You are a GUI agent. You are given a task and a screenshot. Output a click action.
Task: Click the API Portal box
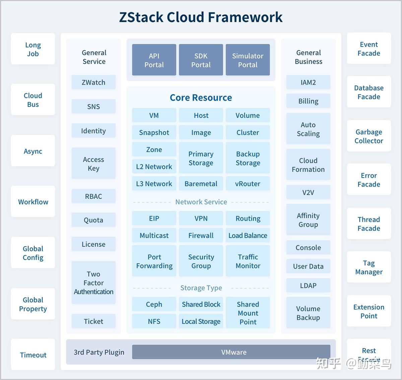click(154, 60)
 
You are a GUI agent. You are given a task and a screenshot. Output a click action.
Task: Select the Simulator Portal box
click(248, 60)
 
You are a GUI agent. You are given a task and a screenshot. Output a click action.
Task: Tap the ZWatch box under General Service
click(93, 82)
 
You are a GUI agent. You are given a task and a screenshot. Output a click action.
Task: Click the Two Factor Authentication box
click(93, 282)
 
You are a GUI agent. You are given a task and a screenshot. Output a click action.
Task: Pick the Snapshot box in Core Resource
click(154, 132)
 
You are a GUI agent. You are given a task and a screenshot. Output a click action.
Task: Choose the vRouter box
click(248, 184)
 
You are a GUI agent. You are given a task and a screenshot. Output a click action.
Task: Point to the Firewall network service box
click(201, 235)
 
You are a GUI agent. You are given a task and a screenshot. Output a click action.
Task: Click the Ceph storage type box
click(154, 304)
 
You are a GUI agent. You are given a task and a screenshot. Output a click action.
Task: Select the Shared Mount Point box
click(248, 313)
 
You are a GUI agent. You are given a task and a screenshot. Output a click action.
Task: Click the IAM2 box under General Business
click(308, 82)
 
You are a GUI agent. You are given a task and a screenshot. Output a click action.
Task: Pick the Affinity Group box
click(308, 220)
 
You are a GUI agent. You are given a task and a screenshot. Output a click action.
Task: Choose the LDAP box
click(308, 286)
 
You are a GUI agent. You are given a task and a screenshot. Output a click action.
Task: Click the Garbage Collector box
click(369, 136)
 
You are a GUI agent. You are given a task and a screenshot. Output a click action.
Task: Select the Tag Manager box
click(369, 267)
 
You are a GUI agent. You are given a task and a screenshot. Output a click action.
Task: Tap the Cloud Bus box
click(33, 100)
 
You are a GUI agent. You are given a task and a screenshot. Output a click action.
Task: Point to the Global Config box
click(33, 253)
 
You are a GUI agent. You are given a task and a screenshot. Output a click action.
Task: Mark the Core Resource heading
click(201, 98)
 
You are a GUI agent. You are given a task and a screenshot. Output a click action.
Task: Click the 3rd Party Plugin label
click(99, 352)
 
